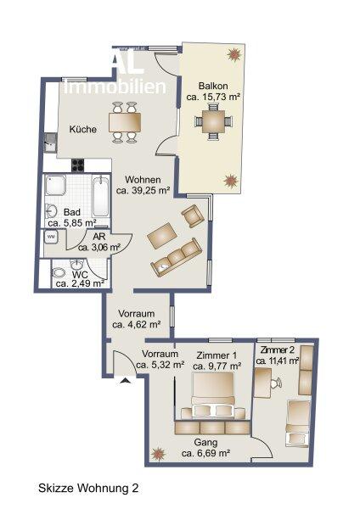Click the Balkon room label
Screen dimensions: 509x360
coord(212,87)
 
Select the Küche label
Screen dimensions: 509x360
coord(83,130)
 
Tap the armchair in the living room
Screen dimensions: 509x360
coord(193,216)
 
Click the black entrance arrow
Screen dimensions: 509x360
coord(127,381)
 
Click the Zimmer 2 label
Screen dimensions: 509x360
coord(278,350)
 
